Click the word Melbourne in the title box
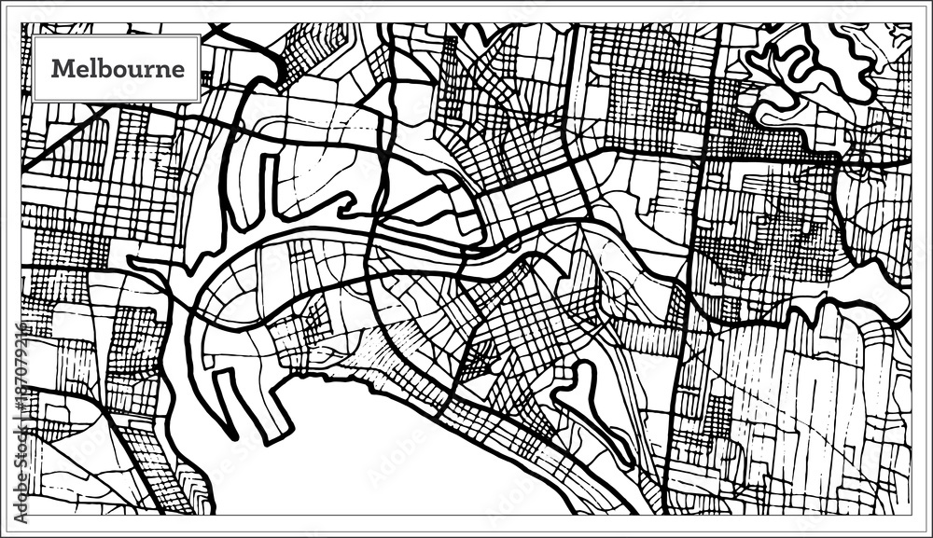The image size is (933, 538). click(x=118, y=69)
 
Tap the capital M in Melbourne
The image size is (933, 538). click(x=61, y=69)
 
